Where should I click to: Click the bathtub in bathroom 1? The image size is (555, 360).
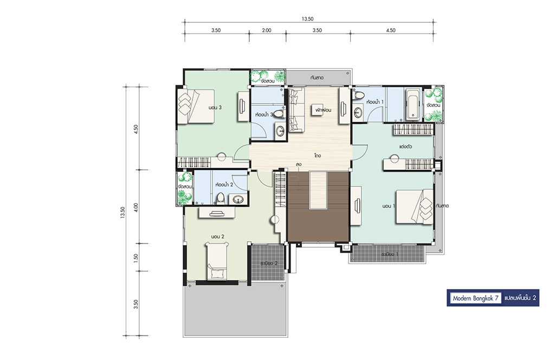point(412,105)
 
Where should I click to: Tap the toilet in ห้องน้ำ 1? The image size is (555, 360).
point(359,95)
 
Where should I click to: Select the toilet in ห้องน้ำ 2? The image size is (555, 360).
point(221,198)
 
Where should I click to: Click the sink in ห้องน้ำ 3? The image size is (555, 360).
point(281,131)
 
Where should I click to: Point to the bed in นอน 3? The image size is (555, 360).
point(196,107)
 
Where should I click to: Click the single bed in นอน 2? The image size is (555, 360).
point(217,261)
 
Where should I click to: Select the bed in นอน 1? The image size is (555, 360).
point(415,207)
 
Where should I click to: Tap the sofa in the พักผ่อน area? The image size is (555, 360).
point(296,110)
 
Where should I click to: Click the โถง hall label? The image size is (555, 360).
point(317,156)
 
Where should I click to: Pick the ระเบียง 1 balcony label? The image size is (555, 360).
point(390,254)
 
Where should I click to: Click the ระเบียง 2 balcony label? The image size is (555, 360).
point(268,263)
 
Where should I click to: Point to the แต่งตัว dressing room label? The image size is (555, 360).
point(405,146)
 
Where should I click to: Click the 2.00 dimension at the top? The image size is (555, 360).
point(267,30)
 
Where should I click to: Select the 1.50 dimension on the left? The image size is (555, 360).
point(135,258)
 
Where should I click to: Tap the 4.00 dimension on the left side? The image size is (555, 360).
point(135,207)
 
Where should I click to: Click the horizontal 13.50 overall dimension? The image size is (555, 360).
point(308,19)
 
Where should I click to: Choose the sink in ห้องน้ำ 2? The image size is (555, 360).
point(237,200)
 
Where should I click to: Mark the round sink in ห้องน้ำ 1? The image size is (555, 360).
point(358,113)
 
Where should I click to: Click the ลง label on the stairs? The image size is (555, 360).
point(299,164)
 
